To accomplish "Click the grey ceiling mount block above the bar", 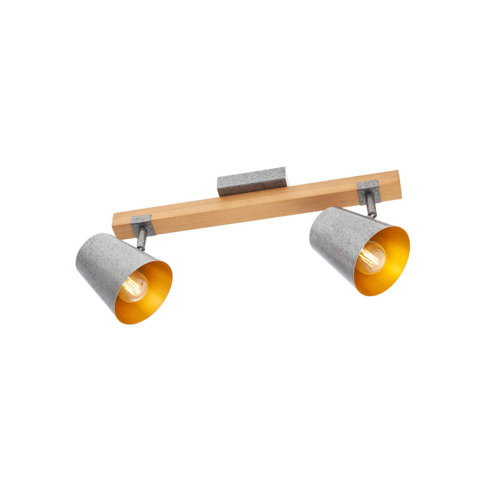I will pyautogui.click(x=251, y=180).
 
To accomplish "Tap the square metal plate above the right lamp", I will pyautogui.click(x=367, y=191).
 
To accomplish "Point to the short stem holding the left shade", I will pyautogui.click(x=143, y=238).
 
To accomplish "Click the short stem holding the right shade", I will pyautogui.click(x=369, y=207).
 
